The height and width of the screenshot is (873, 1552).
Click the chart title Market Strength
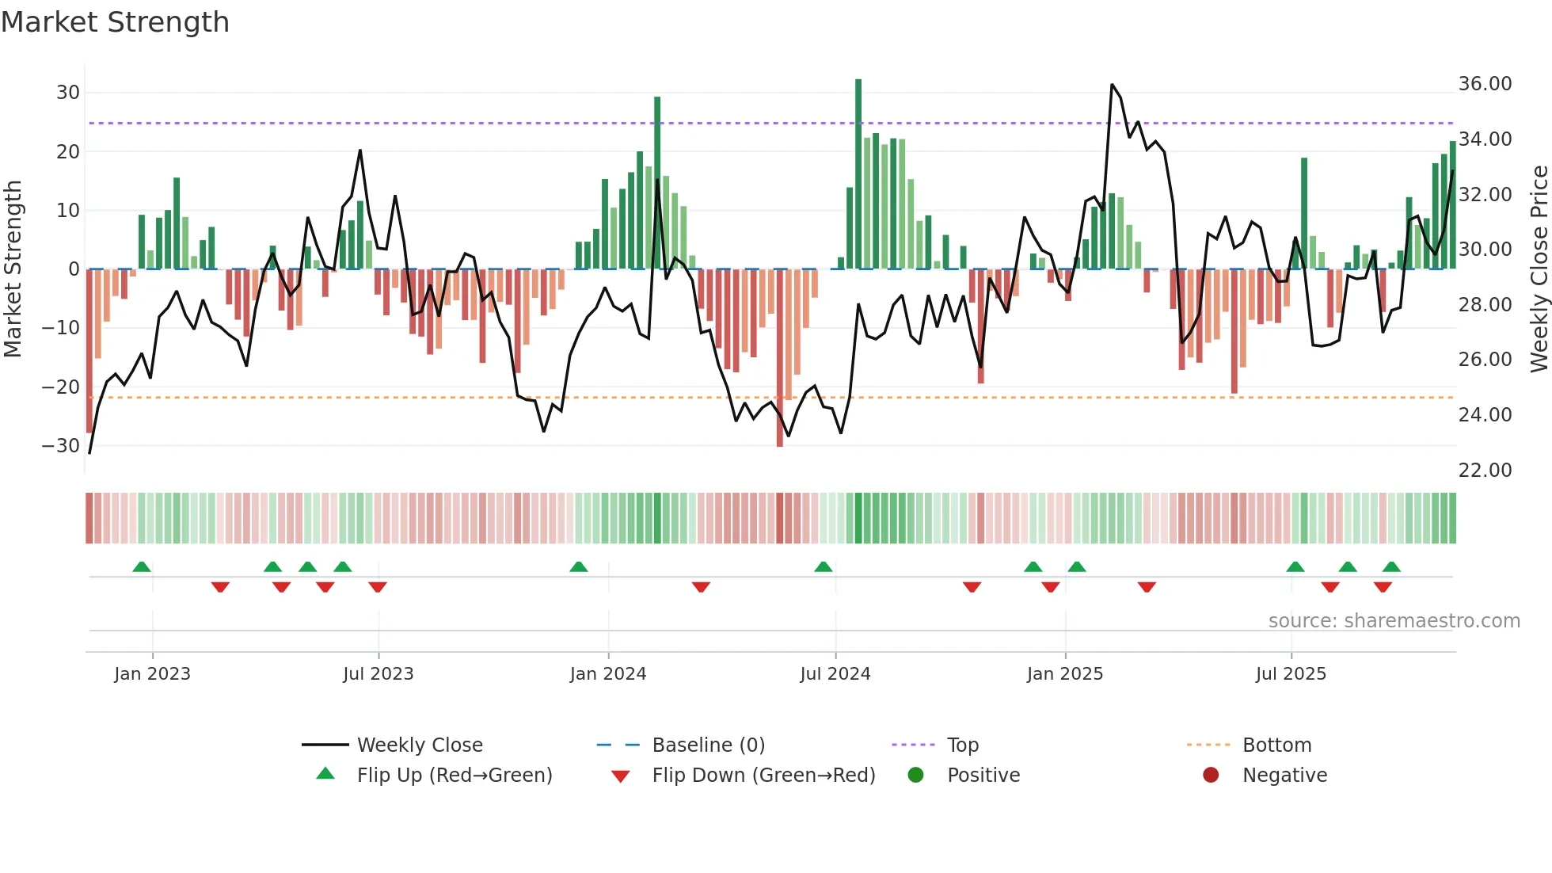point(115,22)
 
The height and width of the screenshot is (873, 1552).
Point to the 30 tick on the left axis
point(68,93)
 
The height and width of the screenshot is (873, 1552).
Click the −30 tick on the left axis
point(62,446)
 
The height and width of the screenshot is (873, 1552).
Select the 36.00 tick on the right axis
point(1485,84)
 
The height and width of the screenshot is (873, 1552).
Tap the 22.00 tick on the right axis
point(1485,471)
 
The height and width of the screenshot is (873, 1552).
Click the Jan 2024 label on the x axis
point(607,674)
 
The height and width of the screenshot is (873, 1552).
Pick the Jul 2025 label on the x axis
point(1290,674)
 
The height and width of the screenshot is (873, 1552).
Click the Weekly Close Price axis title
point(1539,269)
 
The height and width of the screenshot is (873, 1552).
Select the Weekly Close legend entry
point(419,745)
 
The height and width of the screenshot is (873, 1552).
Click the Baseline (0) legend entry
point(708,745)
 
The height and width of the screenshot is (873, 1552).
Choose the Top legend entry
point(962,745)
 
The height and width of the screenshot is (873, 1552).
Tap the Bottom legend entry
point(1276,745)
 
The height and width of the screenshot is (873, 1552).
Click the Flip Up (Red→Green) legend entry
point(454,776)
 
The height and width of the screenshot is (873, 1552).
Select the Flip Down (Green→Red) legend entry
point(763,776)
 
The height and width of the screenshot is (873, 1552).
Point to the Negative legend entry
point(1284,776)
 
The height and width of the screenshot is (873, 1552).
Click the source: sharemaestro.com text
point(1394,621)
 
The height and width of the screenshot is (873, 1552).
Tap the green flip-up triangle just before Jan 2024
point(579,567)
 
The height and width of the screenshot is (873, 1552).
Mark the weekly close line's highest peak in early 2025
point(1112,85)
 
